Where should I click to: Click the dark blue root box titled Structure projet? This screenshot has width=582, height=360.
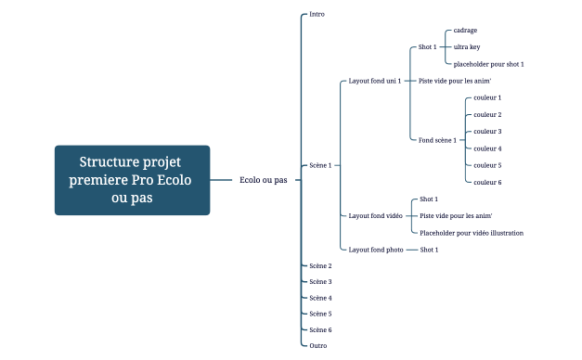[x=132, y=180]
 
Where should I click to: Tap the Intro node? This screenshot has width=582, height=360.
[x=317, y=15]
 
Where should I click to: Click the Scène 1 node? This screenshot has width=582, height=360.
[x=320, y=165]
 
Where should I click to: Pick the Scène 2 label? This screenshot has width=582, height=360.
[x=320, y=265]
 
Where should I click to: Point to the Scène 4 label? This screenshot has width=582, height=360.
[x=320, y=298]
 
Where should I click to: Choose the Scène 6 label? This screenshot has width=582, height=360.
[x=320, y=330]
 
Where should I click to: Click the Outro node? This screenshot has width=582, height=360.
[x=317, y=345]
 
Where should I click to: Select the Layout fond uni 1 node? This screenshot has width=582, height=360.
[x=375, y=81]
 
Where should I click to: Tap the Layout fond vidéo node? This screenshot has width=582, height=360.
[x=375, y=215]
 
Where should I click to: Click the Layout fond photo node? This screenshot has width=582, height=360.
[x=376, y=250]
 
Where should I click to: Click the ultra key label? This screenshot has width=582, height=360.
[x=467, y=47]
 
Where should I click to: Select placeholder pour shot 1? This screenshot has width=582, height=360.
[x=489, y=64]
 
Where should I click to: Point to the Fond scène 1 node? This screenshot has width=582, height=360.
[x=437, y=140]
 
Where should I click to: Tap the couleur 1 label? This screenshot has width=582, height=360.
[x=487, y=97]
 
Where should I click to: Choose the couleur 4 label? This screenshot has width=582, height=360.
[x=487, y=148]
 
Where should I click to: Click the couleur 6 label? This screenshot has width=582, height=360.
[x=487, y=182]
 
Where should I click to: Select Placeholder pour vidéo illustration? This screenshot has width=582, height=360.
[x=472, y=233]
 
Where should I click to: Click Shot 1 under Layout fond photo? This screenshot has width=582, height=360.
[x=429, y=250]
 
